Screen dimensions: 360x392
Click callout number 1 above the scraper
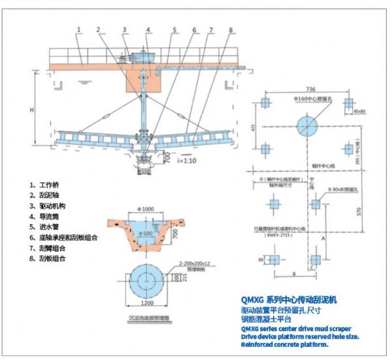tap(78, 29)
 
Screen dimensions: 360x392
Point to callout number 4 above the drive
tap(148, 29)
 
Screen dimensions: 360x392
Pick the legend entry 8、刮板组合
tap(48, 258)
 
